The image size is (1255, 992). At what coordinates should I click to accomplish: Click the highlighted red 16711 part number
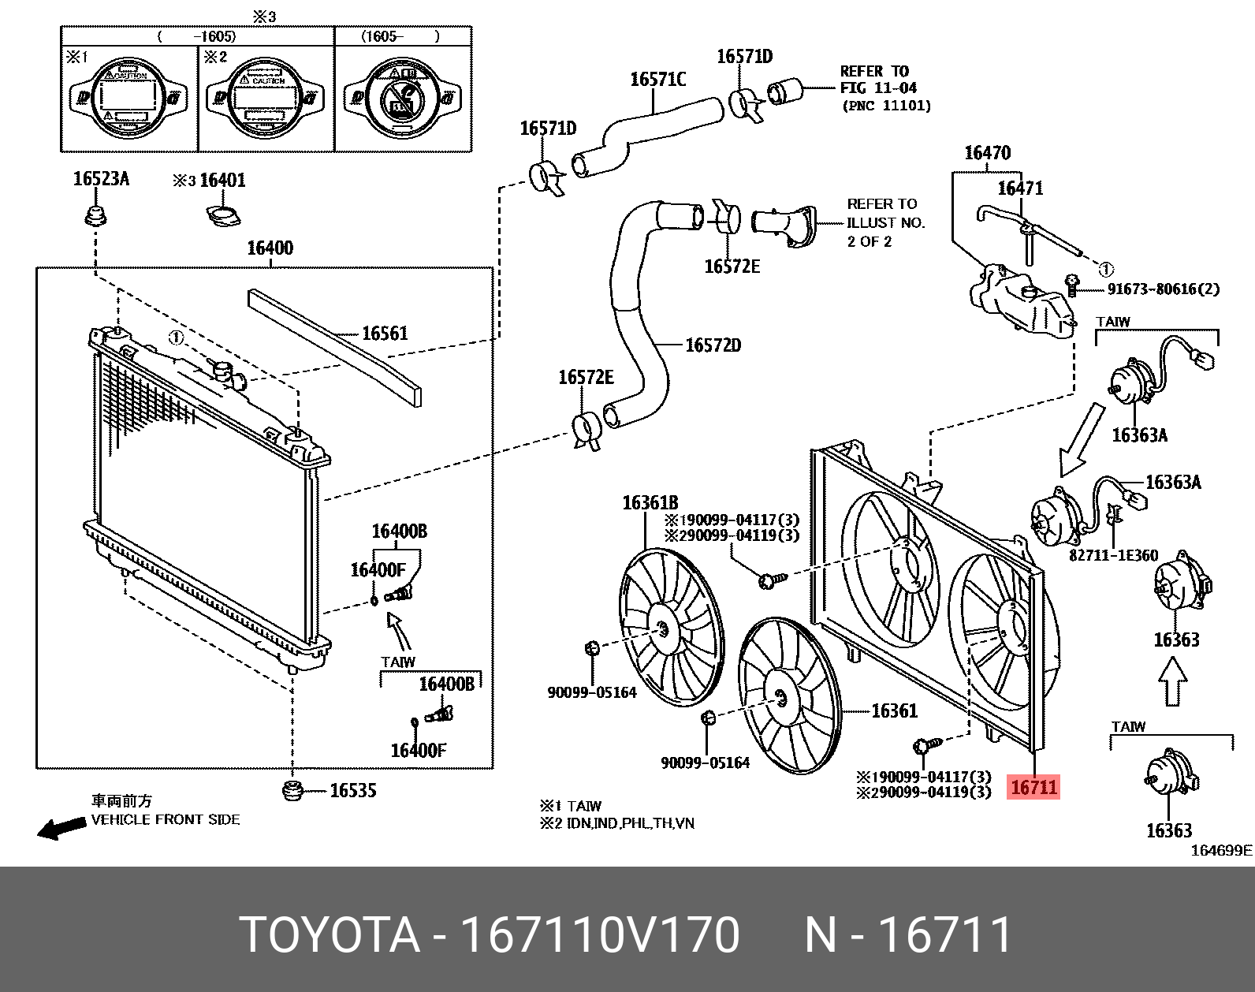coord(1033,786)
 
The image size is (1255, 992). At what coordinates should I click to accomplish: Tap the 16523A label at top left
coord(101,179)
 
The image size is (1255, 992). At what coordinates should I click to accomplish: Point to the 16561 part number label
coord(385,333)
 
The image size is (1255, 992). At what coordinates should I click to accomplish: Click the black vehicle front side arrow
coord(61,828)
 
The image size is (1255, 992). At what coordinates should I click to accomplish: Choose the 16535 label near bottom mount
coord(352,790)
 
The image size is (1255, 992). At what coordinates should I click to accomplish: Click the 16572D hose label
coord(713,345)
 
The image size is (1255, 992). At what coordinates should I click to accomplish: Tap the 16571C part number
coord(657,79)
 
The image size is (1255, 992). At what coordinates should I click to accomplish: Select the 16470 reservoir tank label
coord(987,152)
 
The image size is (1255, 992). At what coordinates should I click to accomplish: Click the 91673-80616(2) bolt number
coord(1163,289)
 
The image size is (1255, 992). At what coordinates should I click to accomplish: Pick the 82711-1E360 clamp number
coord(1113,555)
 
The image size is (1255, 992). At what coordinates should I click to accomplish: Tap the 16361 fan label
coord(894,710)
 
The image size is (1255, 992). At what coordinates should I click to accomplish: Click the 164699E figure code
coord(1220,850)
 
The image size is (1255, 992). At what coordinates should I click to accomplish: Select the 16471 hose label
coord(1020,188)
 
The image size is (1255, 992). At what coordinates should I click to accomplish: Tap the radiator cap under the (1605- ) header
coord(403,98)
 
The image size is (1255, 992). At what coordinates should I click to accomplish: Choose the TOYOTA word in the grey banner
coord(330,935)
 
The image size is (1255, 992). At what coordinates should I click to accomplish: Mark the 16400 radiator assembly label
coord(270,248)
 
